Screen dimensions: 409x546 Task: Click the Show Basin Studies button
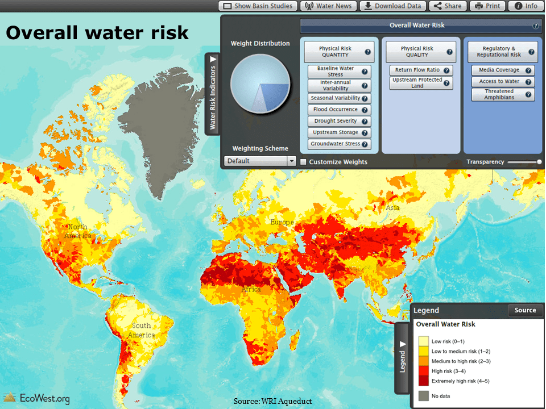click(258, 6)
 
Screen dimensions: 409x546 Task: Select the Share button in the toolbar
click(448, 6)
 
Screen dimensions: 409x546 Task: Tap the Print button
click(487, 6)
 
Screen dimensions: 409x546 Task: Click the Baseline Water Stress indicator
click(339, 72)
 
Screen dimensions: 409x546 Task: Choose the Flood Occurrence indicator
click(339, 110)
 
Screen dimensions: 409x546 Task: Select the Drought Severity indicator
click(339, 121)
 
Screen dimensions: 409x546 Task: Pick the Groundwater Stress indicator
click(339, 144)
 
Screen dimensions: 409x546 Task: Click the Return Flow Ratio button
click(421, 70)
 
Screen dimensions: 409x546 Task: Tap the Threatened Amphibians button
click(503, 94)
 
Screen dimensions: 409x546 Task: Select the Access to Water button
click(503, 82)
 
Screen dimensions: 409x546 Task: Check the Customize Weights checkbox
click(304, 162)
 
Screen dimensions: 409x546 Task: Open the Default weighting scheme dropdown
click(260, 161)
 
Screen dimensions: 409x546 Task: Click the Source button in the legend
click(525, 310)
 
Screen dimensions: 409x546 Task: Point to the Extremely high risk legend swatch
click(423, 381)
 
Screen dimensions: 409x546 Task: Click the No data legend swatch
click(423, 395)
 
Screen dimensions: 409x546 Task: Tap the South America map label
click(142, 330)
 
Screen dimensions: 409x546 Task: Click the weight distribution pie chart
click(260, 84)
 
